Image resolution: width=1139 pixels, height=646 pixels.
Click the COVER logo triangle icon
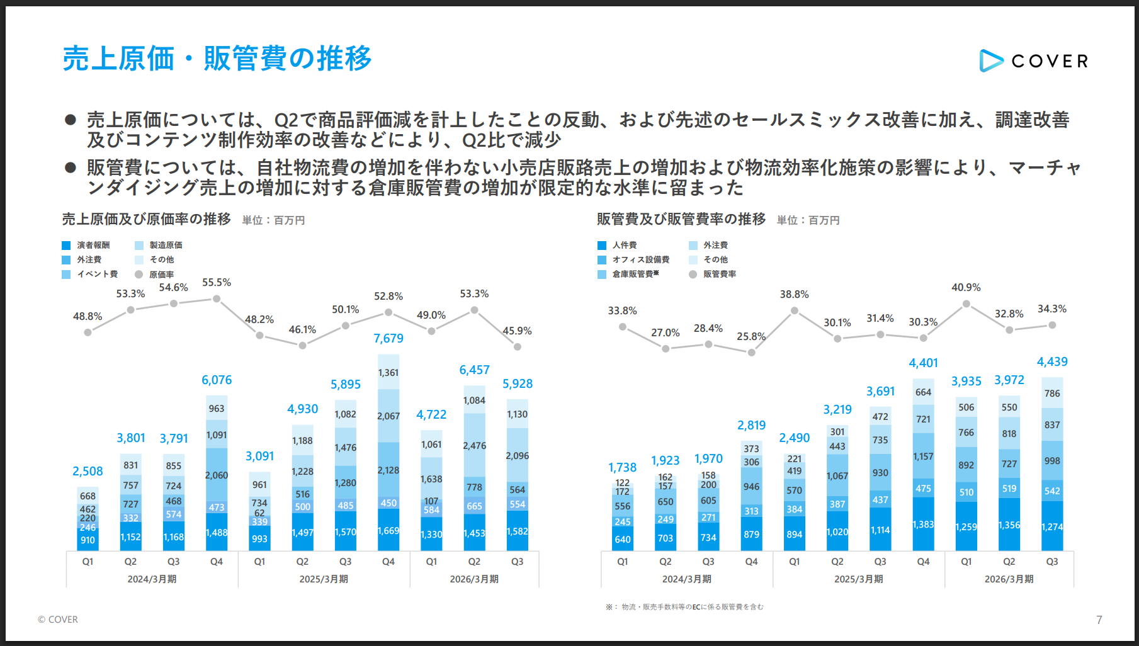[x=990, y=60]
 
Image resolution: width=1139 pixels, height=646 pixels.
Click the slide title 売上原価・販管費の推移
[x=217, y=59]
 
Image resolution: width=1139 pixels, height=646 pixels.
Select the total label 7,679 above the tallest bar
[x=388, y=339]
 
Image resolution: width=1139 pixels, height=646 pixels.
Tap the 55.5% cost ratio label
[x=217, y=283]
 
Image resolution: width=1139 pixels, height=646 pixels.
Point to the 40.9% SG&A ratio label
[x=966, y=288]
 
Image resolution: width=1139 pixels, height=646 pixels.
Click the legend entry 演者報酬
[x=93, y=246]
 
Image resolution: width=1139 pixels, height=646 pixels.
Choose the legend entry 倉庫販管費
[x=635, y=275]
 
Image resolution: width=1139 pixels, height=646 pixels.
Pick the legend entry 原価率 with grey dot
[x=161, y=275]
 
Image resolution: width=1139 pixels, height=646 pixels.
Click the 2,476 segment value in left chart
[x=474, y=446]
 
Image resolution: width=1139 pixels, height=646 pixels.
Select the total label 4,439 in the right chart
[x=1052, y=362]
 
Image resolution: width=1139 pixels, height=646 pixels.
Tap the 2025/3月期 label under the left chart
[x=324, y=579]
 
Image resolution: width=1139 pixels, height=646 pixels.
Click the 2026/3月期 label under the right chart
[x=1009, y=579]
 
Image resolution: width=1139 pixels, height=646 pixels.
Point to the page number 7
[x=1099, y=620]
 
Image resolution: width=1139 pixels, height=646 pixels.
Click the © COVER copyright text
[x=58, y=620]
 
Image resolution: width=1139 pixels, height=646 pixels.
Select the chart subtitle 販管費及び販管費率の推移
[x=681, y=219]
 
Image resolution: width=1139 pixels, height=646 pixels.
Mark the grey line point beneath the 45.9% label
[x=518, y=347]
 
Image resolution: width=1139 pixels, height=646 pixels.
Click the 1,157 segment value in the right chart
[x=923, y=456]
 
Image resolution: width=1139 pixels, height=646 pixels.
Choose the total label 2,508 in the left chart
[x=88, y=472]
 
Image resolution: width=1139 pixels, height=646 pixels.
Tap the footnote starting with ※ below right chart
[x=684, y=607]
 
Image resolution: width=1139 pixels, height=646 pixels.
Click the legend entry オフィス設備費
[x=640, y=260]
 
